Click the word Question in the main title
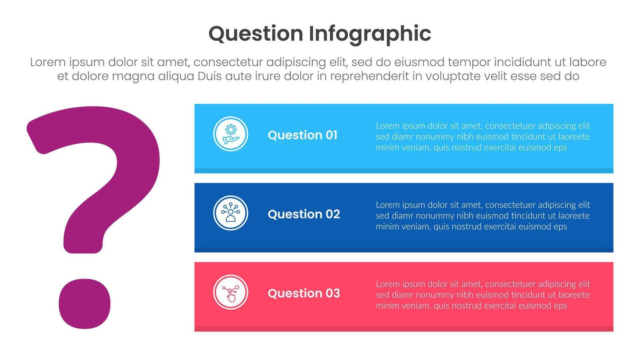point(256,34)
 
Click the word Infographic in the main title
point(370,34)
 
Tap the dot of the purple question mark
point(85,303)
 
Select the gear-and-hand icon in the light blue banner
point(231,134)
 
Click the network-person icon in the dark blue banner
point(231,213)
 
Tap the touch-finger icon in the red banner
point(231,292)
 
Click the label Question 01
point(302,135)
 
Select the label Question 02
point(304,214)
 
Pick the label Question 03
point(304,293)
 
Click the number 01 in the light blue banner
point(331,135)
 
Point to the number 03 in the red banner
point(333,293)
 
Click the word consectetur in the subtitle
point(228,62)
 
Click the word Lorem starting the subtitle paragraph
point(48,62)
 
